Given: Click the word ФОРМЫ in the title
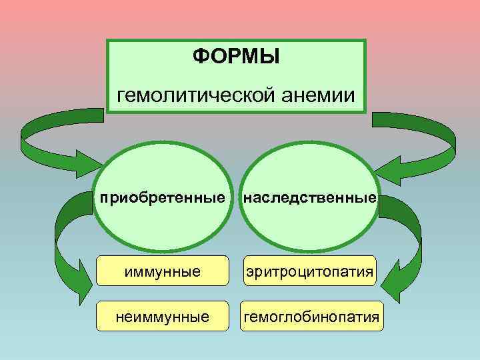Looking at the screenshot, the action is pos(236,56).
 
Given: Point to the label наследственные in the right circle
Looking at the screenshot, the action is pos(310,198).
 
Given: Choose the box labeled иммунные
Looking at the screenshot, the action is pos(162,273).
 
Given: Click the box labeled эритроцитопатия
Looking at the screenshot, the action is pos(310,273).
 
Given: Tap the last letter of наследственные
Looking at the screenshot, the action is pos(373,198).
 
